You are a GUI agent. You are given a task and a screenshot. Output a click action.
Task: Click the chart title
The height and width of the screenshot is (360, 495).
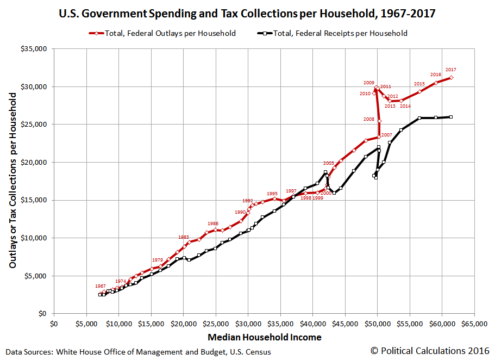coord(247,12)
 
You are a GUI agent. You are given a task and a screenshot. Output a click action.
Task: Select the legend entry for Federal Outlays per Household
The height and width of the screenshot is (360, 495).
coord(162,33)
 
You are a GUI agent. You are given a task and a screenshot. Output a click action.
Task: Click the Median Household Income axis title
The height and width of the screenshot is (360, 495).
coord(264,337)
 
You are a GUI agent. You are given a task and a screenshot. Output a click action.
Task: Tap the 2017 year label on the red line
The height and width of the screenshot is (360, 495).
coord(450,70)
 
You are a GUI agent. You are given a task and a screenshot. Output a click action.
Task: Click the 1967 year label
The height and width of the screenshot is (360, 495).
coord(101,286)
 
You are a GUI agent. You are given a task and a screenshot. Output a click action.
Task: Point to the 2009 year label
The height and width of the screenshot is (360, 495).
coord(369,83)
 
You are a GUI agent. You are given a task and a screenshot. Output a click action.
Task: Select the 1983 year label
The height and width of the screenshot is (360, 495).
coord(184,237)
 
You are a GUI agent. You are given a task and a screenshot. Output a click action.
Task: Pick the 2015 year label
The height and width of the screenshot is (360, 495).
coord(419,84)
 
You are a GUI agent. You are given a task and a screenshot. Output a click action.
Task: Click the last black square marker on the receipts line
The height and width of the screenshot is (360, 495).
coord(451,117)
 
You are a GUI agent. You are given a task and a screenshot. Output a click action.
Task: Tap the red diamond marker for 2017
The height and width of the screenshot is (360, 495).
coord(452,78)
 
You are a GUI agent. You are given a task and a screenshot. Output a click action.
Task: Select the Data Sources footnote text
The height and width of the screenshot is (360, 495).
coord(138,352)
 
